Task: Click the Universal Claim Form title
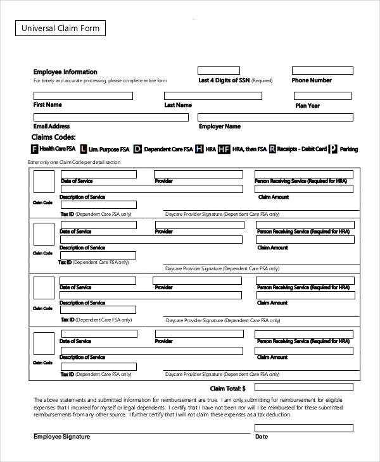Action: [x=61, y=28]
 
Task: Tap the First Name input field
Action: [x=83, y=96]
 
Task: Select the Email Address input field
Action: [x=111, y=117]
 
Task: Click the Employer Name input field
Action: [x=275, y=117]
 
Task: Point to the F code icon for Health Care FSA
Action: [x=34, y=149]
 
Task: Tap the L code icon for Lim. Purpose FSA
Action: [x=84, y=149]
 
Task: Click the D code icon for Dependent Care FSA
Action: [x=137, y=149]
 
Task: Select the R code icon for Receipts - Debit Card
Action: [x=272, y=149]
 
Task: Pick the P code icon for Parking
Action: [x=333, y=149]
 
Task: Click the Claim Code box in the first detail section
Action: [x=44, y=182]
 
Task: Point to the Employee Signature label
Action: [x=61, y=437]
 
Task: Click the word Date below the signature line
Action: [x=261, y=437]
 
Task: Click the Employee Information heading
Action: [x=65, y=72]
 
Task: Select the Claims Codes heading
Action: [x=53, y=137]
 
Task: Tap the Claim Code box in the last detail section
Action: [x=44, y=342]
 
